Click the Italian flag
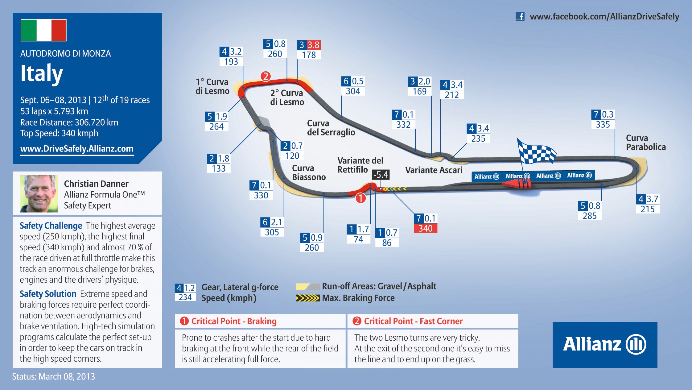[43, 30]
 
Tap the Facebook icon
[520, 16]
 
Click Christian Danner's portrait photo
[39, 194]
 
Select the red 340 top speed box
[425, 228]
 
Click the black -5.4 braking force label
[381, 175]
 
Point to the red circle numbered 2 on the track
[266, 76]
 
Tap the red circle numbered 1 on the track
[360, 198]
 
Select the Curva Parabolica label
[646, 143]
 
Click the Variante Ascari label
[434, 170]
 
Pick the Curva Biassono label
[309, 172]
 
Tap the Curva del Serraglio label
[331, 128]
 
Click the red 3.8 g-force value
[314, 45]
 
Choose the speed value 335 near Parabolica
[603, 124]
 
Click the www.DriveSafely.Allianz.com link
[77, 149]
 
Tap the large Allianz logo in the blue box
[605, 345]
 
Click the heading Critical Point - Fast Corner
[413, 321]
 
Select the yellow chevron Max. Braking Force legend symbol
[307, 298]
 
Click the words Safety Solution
[48, 294]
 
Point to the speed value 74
[358, 239]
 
